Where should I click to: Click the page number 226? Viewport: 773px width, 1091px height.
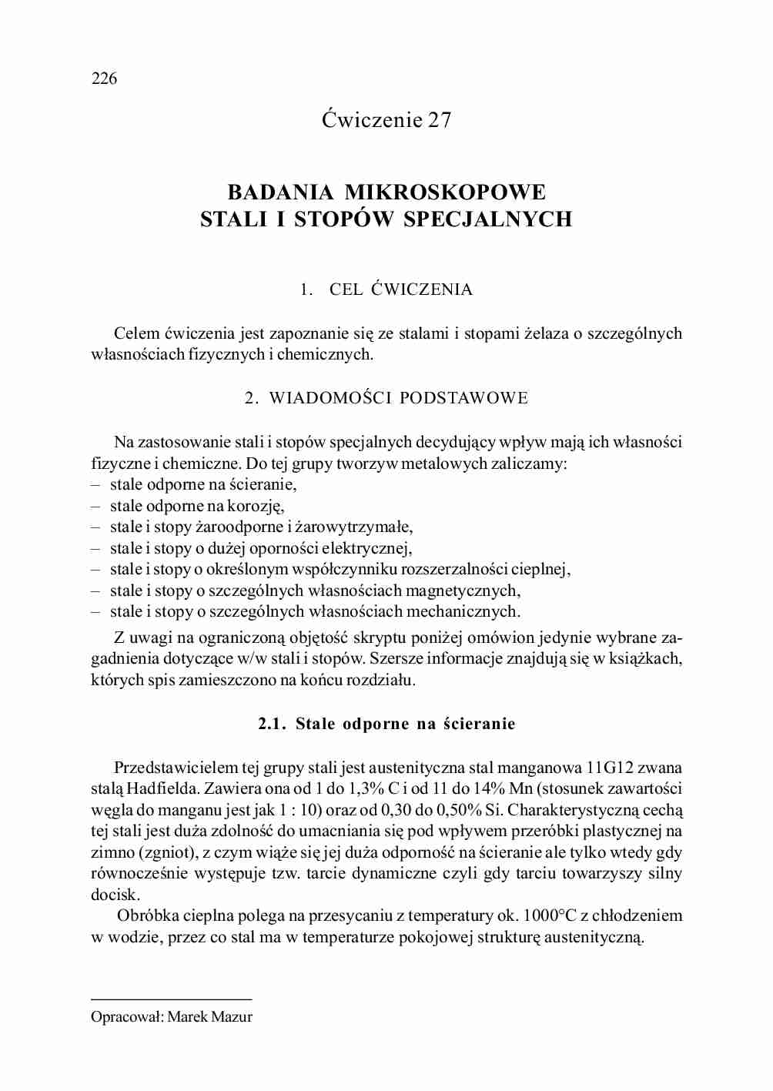click(104, 79)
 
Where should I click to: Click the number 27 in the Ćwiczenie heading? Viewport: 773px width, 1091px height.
click(440, 120)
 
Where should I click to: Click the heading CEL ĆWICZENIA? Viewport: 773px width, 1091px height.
click(400, 289)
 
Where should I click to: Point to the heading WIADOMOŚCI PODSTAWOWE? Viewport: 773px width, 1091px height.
click(398, 398)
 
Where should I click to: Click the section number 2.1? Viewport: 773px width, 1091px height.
click(272, 724)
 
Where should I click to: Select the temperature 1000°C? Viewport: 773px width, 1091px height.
click(550, 916)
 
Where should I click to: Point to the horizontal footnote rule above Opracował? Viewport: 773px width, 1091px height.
click(171, 999)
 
